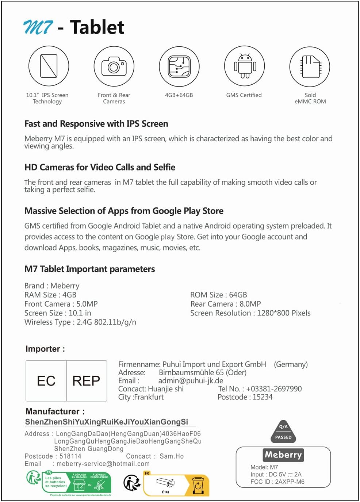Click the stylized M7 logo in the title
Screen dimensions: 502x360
38,27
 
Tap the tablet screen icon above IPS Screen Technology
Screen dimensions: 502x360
49,66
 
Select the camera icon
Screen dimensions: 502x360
114,66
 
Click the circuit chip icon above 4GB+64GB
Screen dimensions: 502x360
179,66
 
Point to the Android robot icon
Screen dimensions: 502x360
245,66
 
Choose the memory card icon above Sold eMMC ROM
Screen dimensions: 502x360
310,66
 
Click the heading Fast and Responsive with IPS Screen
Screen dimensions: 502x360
96,124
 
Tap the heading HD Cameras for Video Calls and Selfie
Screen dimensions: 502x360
100,167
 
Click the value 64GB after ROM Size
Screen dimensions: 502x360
238,295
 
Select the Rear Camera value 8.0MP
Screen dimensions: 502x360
250,304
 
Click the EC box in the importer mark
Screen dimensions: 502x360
46,381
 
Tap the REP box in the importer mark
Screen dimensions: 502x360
86,381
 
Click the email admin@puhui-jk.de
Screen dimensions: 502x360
191,380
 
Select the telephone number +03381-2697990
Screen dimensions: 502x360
274,389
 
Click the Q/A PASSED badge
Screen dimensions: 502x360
283,432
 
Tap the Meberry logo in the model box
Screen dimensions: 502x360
283,455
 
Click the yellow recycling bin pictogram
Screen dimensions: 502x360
198,486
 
